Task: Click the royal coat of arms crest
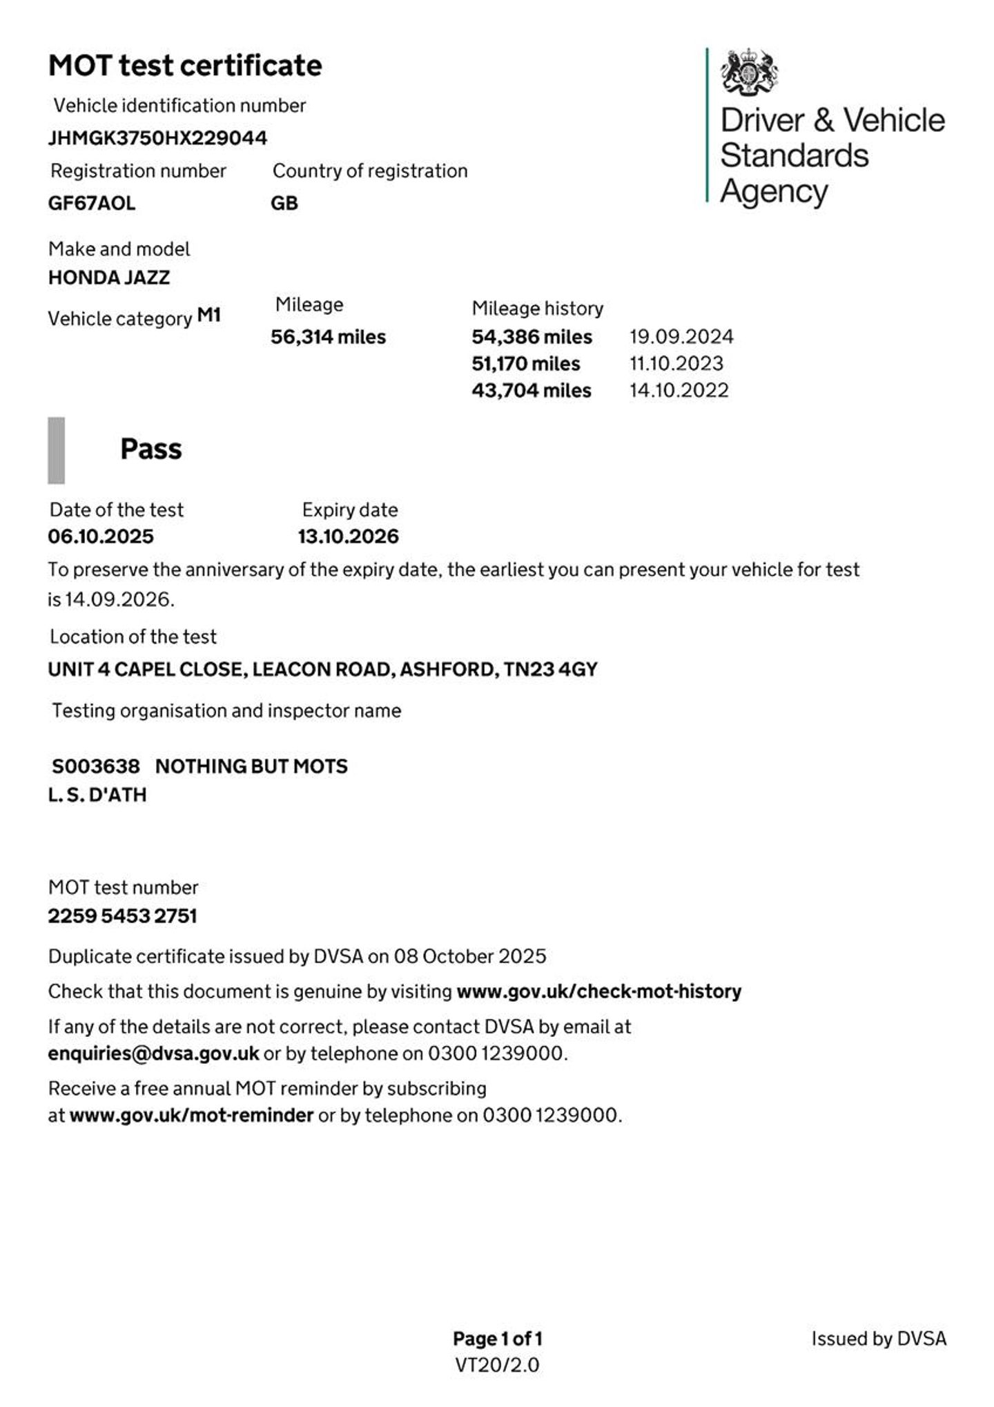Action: click(x=749, y=72)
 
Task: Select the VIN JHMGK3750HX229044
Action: click(x=157, y=138)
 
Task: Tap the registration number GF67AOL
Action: click(x=92, y=204)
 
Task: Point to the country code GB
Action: click(x=284, y=204)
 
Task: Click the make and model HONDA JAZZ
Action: click(x=109, y=278)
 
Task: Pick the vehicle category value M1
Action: click(x=209, y=316)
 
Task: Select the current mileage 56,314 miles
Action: click(x=328, y=337)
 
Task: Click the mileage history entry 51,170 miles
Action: click(x=525, y=364)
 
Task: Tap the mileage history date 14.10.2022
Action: click(x=679, y=391)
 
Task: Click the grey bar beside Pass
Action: click(x=56, y=450)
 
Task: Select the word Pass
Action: click(x=151, y=449)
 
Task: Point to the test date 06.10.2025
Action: click(x=101, y=536)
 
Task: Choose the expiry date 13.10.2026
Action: click(x=348, y=536)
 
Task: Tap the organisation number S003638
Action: click(x=95, y=766)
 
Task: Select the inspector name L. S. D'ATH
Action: click(x=97, y=795)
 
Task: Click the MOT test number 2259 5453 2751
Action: click(x=122, y=916)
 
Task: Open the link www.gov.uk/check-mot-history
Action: click(x=598, y=991)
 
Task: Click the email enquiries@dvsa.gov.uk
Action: click(x=153, y=1054)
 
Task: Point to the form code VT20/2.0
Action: click(x=497, y=1365)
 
